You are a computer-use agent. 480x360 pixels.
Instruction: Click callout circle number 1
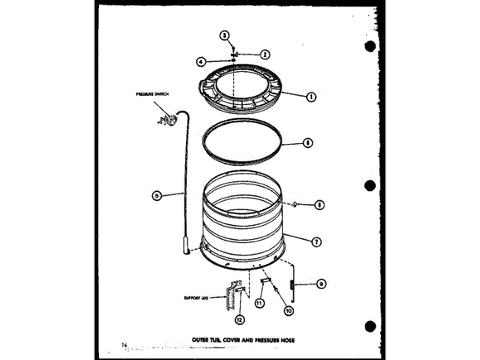point(309,95)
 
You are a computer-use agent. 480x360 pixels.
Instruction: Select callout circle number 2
point(265,53)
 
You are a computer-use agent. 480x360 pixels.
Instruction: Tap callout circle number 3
point(223,35)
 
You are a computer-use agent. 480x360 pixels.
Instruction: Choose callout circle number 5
point(156,196)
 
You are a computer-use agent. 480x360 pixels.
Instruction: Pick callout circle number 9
point(320,283)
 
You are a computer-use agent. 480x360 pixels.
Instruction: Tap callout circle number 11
point(259,304)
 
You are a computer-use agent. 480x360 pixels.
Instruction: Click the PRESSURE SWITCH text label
point(153,94)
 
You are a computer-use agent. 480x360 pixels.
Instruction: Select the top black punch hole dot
point(369,46)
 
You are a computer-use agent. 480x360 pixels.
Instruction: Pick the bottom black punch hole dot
point(369,327)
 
